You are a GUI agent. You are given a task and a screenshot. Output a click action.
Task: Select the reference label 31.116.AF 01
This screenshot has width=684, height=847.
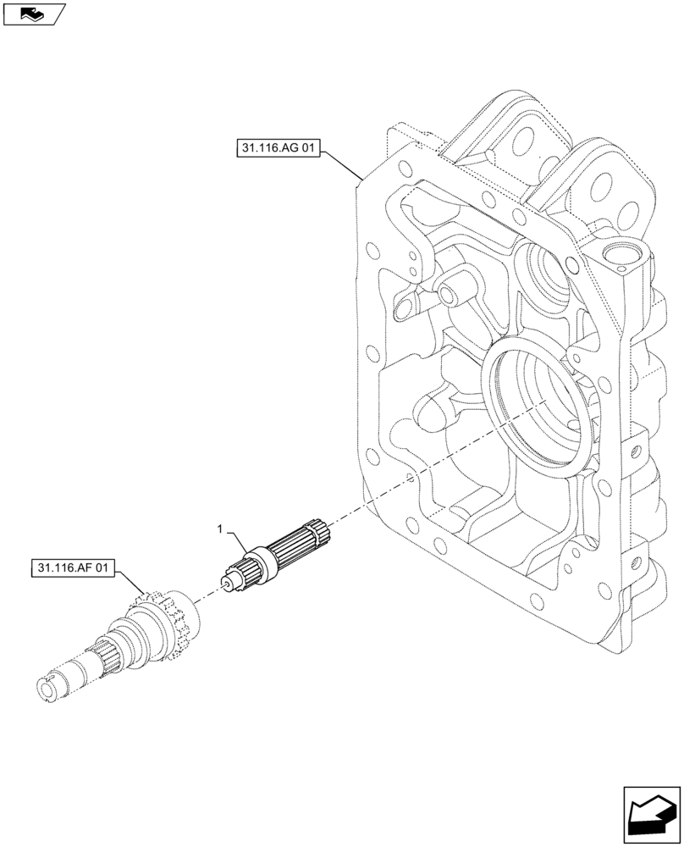pos(73,567)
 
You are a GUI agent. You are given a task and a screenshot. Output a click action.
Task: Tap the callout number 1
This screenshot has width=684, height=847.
pos(221,529)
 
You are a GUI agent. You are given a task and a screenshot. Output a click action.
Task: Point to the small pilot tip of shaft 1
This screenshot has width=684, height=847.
pos(225,581)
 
